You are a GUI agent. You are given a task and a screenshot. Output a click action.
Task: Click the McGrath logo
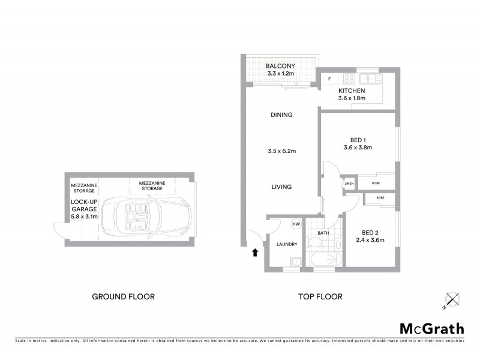click(x=432, y=328)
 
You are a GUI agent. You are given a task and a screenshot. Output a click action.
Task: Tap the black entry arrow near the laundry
click(x=256, y=253)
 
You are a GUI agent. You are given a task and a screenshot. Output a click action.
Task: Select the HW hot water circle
click(x=296, y=224)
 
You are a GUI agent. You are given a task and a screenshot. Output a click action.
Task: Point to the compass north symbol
click(x=451, y=299)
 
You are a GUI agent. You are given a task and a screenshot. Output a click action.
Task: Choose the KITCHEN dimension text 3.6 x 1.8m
click(x=352, y=98)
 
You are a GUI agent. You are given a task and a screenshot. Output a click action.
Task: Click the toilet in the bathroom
click(x=315, y=242)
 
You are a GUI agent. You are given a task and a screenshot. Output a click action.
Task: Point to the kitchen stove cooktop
click(x=347, y=79)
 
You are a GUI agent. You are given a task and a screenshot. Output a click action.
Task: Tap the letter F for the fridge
click(x=329, y=79)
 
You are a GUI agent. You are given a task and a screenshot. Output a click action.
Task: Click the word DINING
click(x=281, y=115)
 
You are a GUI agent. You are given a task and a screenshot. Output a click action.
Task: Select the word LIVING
click(x=281, y=187)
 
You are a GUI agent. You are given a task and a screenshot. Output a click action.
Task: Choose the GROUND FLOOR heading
click(x=123, y=296)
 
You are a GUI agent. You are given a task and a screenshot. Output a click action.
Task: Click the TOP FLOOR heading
click(x=320, y=296)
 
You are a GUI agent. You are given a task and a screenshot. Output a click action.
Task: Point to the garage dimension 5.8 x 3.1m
click(x=83, y=216)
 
